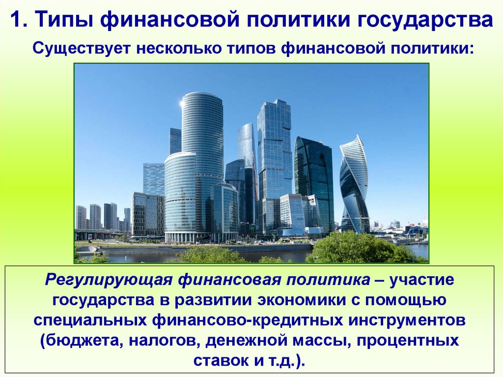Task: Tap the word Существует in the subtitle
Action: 81,50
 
